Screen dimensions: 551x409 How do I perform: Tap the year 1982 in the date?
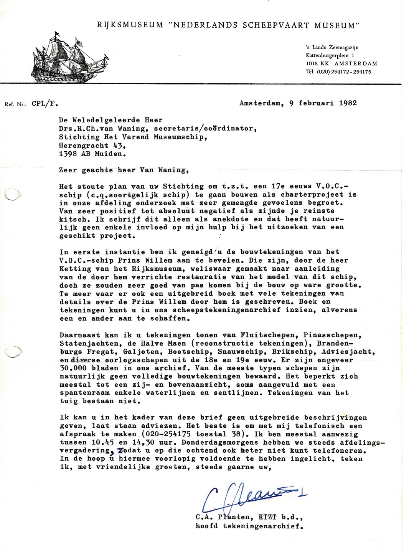tap(348, 103)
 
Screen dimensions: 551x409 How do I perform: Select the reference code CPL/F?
tap(45, 103)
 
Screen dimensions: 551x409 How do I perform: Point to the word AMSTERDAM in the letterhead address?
tap(356, 63)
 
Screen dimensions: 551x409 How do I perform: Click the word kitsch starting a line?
tap(73, 219)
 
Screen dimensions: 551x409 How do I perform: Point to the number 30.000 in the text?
tap(73, 368)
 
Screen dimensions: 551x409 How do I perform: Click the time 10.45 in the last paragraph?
tap(102, 442)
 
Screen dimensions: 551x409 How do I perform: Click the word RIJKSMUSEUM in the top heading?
tap(130, 25)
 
